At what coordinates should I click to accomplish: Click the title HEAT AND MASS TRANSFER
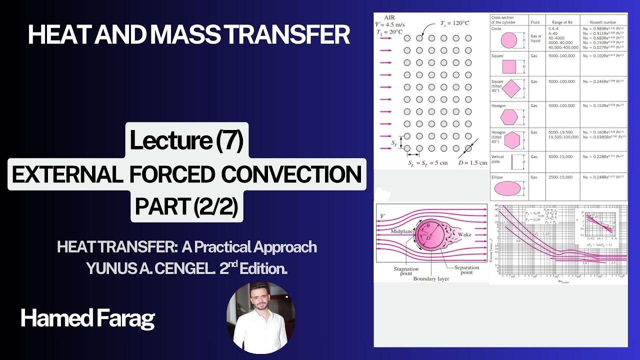188,34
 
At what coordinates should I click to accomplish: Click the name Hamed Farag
87,318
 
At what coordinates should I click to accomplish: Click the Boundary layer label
431,279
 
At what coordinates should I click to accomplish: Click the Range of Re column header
562,22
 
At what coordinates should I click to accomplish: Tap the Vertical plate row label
498,159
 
